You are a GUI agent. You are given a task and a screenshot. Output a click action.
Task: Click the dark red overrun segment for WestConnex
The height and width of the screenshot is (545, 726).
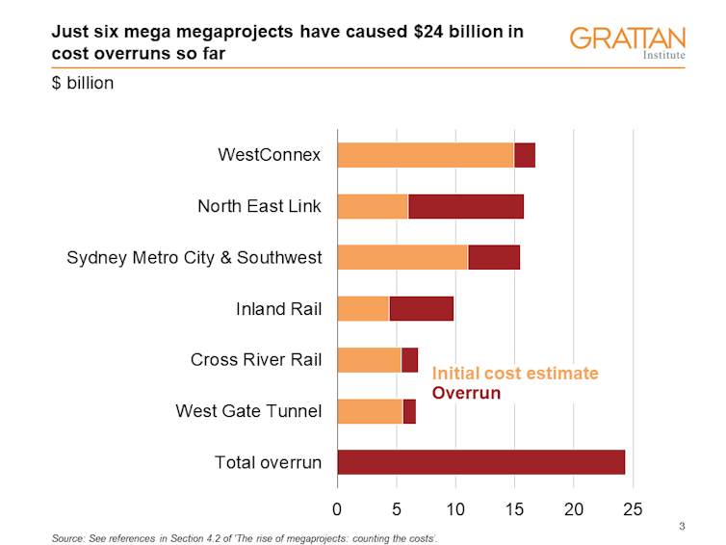(x=525, y=154)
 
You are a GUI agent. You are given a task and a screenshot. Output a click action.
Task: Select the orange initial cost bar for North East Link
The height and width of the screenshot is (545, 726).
(x=373, y=206)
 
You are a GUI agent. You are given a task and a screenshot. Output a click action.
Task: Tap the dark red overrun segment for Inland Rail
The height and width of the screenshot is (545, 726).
(x=421, y=308)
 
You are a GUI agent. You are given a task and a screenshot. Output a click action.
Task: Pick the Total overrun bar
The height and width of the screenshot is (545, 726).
(x=480, y=462)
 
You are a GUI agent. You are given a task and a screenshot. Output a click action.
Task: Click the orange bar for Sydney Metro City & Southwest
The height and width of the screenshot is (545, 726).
(x=402, y=257)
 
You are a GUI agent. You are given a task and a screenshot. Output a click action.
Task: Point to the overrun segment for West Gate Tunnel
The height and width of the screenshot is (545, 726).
(x=409, y=411)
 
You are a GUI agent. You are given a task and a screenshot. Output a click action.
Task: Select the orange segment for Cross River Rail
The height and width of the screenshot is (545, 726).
(x=369, y=359)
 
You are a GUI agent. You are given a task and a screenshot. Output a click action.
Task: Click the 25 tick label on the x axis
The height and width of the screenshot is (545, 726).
(x=633, y=507)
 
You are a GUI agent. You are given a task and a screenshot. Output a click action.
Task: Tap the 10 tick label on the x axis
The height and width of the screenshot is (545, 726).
(x=455, y=507)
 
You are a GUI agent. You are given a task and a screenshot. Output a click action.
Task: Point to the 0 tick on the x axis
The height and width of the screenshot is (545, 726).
(x=337, y=507)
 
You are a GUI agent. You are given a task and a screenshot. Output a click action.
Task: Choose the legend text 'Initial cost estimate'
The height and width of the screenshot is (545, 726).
(x=514, y=374)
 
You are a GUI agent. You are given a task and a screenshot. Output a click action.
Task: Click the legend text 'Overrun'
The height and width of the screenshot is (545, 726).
(x=466, y=393)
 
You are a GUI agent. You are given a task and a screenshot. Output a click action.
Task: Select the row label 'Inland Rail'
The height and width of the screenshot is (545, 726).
(x=278, y=309)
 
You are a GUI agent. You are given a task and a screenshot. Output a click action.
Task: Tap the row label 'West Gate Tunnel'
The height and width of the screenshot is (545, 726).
(x=247, y=412)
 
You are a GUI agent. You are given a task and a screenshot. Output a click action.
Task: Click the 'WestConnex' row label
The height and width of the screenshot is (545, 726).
(x=269, y=155)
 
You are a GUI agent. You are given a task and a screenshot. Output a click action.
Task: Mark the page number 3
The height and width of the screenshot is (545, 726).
(x=682, y=525)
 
